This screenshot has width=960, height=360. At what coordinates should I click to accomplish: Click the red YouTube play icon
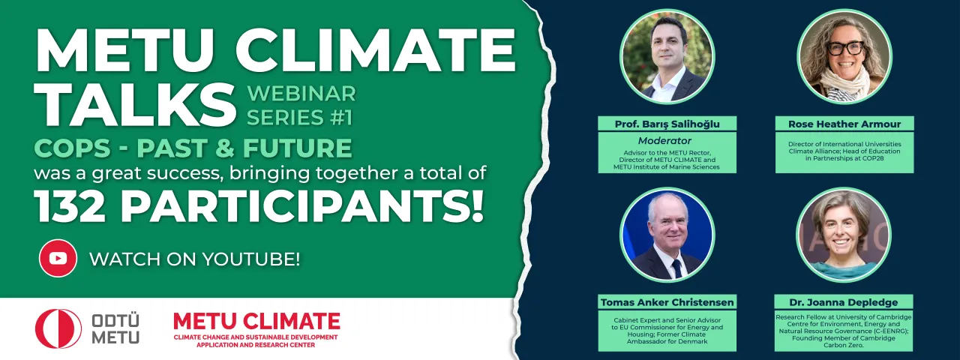(x=58, y=259)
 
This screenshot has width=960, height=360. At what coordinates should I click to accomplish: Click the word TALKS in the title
(x=136, y=104)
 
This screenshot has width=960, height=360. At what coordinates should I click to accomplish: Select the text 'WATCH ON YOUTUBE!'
(x=194, y=259)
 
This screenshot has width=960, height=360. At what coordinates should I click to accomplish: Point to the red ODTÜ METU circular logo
(x=58, y=328)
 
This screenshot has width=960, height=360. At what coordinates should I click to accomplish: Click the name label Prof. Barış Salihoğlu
(x=667, y=124)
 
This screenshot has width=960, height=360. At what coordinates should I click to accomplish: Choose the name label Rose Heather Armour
(x=844, y=124)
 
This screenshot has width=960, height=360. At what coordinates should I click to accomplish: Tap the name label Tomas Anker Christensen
(x=667, y=302)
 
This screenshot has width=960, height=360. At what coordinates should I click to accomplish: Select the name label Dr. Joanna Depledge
(x=844, y=302)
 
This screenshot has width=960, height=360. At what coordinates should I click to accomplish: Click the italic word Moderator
(x=664, y=140)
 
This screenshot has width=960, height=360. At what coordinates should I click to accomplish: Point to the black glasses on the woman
(x=845, y=48)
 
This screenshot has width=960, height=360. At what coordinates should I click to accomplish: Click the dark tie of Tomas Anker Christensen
(x=676, y=268)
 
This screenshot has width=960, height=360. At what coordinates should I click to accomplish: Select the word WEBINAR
(x=301, y=94)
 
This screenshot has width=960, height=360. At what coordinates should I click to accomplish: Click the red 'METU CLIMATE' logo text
(x=256, y=322)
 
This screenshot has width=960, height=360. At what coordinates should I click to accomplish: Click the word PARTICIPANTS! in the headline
(x=302, y=206)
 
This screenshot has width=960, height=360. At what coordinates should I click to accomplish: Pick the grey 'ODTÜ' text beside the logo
(x=115, y=322)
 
